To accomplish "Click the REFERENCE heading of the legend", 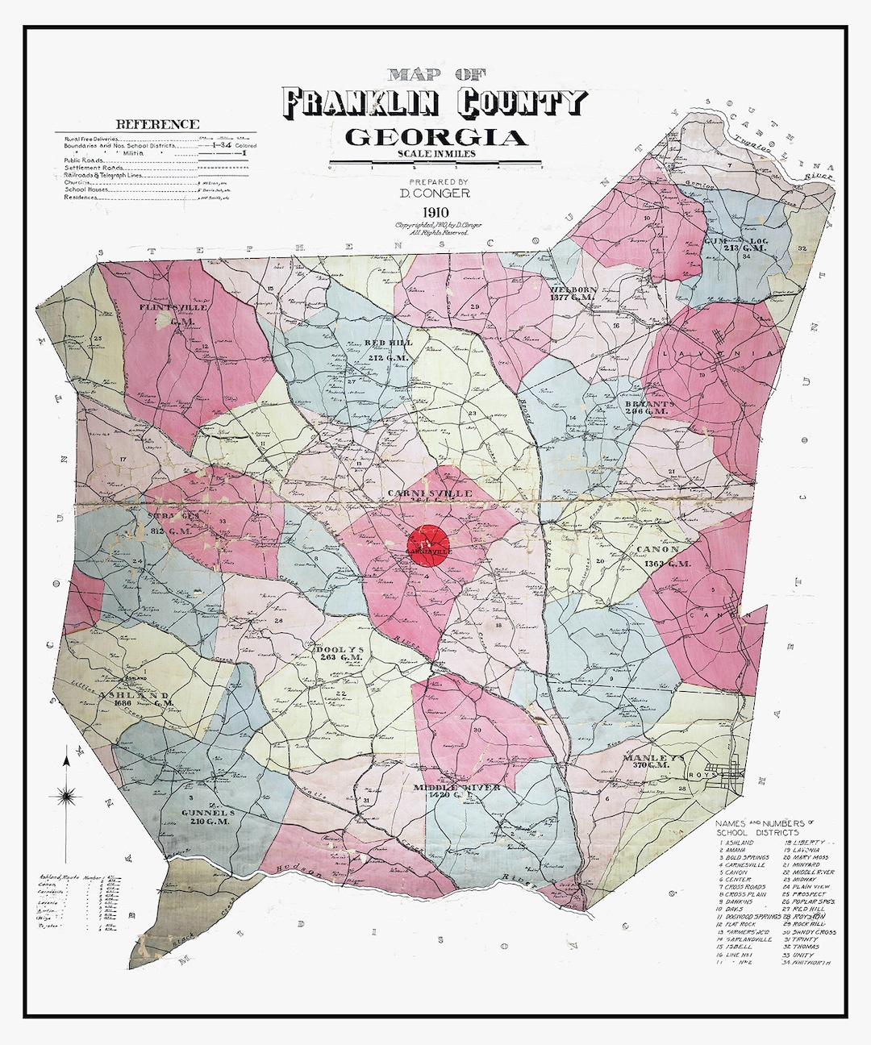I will click(x=157, y=124).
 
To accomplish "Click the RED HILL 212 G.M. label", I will click(x=388, y=348).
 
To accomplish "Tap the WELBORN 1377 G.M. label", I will click(x=573, y=294).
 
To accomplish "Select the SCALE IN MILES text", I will click(x=436, y=154).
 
